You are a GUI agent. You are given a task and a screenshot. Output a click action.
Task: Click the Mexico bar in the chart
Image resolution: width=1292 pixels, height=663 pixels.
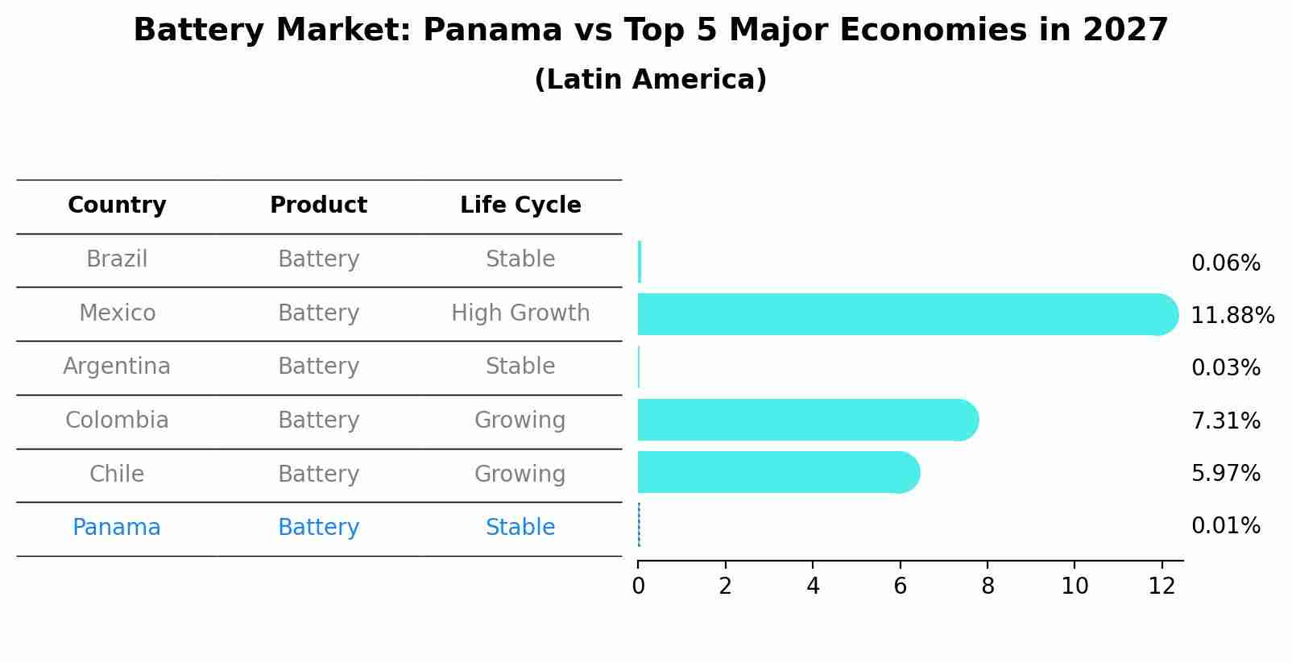[x=902, y=314]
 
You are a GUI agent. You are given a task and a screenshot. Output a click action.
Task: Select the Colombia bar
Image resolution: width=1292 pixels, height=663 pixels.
[x=805, y=420]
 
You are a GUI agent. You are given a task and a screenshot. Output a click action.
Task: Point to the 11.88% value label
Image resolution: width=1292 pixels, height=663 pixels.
[x=1232, y=316]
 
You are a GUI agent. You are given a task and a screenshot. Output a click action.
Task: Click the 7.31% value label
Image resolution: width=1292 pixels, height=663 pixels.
[x=1225, y=421]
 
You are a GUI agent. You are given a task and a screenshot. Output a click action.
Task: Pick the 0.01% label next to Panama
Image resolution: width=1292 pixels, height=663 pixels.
[x=1225, y=526]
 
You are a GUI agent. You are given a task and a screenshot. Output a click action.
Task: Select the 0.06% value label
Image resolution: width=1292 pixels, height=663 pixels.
[x=1225, y=263]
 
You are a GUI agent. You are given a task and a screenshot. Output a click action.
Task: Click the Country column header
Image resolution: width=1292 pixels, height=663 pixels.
[x=117, y=205]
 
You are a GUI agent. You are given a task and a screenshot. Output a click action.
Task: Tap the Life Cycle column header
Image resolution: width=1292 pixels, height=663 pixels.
[x=520, y=205]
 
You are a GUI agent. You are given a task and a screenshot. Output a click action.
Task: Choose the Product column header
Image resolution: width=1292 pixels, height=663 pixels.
[x=318, y=205]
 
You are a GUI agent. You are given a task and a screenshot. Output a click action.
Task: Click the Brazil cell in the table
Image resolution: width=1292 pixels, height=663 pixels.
[x=117, y=259]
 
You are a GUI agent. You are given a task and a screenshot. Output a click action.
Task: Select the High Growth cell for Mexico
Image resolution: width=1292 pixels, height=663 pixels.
[x=520, y=313]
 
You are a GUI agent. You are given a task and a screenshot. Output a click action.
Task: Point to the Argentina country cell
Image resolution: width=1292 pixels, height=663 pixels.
[x=117, y=367]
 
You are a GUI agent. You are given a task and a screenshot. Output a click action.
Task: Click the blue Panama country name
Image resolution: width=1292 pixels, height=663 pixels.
[x=117, y=528]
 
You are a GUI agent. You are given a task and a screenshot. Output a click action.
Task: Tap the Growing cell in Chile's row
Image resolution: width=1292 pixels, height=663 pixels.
[x=520, y=474]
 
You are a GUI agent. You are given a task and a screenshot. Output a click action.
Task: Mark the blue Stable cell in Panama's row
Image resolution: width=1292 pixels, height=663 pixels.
[x=520, y=528]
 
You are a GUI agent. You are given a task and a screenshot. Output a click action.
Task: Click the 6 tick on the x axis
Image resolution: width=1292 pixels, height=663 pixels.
[x=900, y=586]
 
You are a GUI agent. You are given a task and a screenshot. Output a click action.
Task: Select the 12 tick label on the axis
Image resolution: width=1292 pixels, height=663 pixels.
[x=1162, y=586]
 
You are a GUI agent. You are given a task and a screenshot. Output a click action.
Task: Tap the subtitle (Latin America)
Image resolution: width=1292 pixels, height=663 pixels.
[x=650, y=80]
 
